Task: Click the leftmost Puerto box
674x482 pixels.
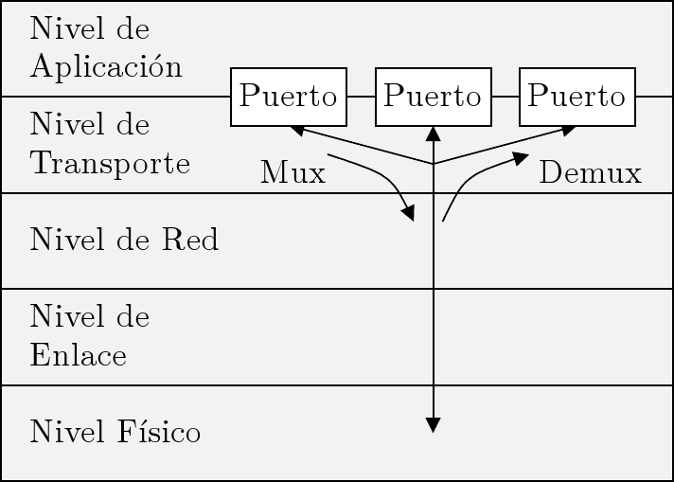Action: [x=289, y=97]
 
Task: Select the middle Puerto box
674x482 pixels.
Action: [x=433, y=97]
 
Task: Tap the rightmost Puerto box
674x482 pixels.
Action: [x=576, y=97]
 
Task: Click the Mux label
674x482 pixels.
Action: [x=293, y=173]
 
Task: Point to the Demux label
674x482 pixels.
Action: [x=590, y=173]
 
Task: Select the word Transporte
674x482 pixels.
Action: [x=110, y=164]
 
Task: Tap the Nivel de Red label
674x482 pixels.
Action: [x=124, y=241]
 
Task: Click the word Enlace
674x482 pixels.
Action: [x=78, y=356]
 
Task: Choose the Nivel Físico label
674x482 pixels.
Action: [x=115, y=433]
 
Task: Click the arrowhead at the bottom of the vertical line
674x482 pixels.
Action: [x=433, y=425]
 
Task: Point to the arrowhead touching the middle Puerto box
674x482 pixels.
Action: [x=433, y=134]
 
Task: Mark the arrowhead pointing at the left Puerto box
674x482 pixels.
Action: [x=297, y=130]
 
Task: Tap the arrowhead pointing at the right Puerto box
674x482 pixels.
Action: [x=568, y=130]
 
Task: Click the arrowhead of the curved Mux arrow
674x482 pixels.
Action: [x=409, y=214]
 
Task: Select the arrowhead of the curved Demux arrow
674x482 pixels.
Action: [x=521, y=158]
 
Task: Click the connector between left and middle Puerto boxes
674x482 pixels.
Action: [x=361, y=97]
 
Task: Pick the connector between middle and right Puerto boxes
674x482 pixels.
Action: [x=505, y=97]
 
